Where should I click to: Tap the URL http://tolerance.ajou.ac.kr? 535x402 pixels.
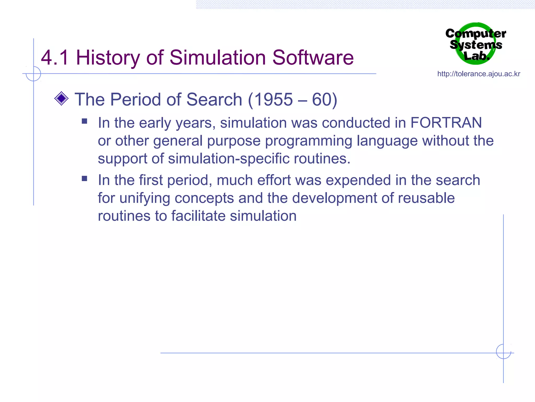click(x=479, y=74)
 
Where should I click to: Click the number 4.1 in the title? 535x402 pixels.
click(x=55, y=58)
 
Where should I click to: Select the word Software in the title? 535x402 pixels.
click(x=313, y=58)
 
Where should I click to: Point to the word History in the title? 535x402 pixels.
click(x=108, y=58)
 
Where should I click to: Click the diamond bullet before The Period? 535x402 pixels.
click(x=61, y=98)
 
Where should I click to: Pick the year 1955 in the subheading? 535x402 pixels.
click(x=273, y=99)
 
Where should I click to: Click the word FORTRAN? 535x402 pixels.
click(x=446, y=122)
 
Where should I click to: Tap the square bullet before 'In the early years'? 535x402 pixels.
click(x=84, y=121)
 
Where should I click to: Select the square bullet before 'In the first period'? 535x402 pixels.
click(x=84, y=178)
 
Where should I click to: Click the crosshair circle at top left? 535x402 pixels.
click(x=33, y=74)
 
